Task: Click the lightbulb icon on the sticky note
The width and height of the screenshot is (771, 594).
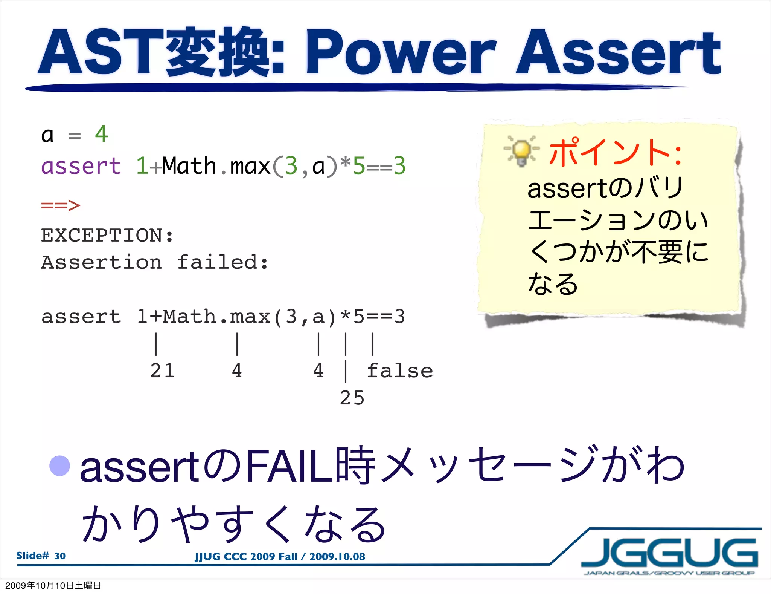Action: (x=522, y=151)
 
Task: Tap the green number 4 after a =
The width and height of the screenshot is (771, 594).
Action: (x=101, y=134)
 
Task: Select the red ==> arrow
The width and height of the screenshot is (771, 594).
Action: (x=60, y=205)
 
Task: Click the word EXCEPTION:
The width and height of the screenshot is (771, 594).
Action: (x=107, y=236)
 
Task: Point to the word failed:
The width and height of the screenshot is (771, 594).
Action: (x=222, y=262)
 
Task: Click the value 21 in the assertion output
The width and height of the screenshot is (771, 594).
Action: (x=162, y=370)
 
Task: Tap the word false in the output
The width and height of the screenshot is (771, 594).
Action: (x=400, y=371)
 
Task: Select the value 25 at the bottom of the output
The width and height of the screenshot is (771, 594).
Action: (x=352, y=398)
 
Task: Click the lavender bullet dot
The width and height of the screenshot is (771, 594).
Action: (x=60, y=465)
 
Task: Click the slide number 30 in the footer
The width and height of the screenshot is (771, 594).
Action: (x=59, y=556)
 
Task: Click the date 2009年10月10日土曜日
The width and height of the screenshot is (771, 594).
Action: (x=53, y=585)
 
